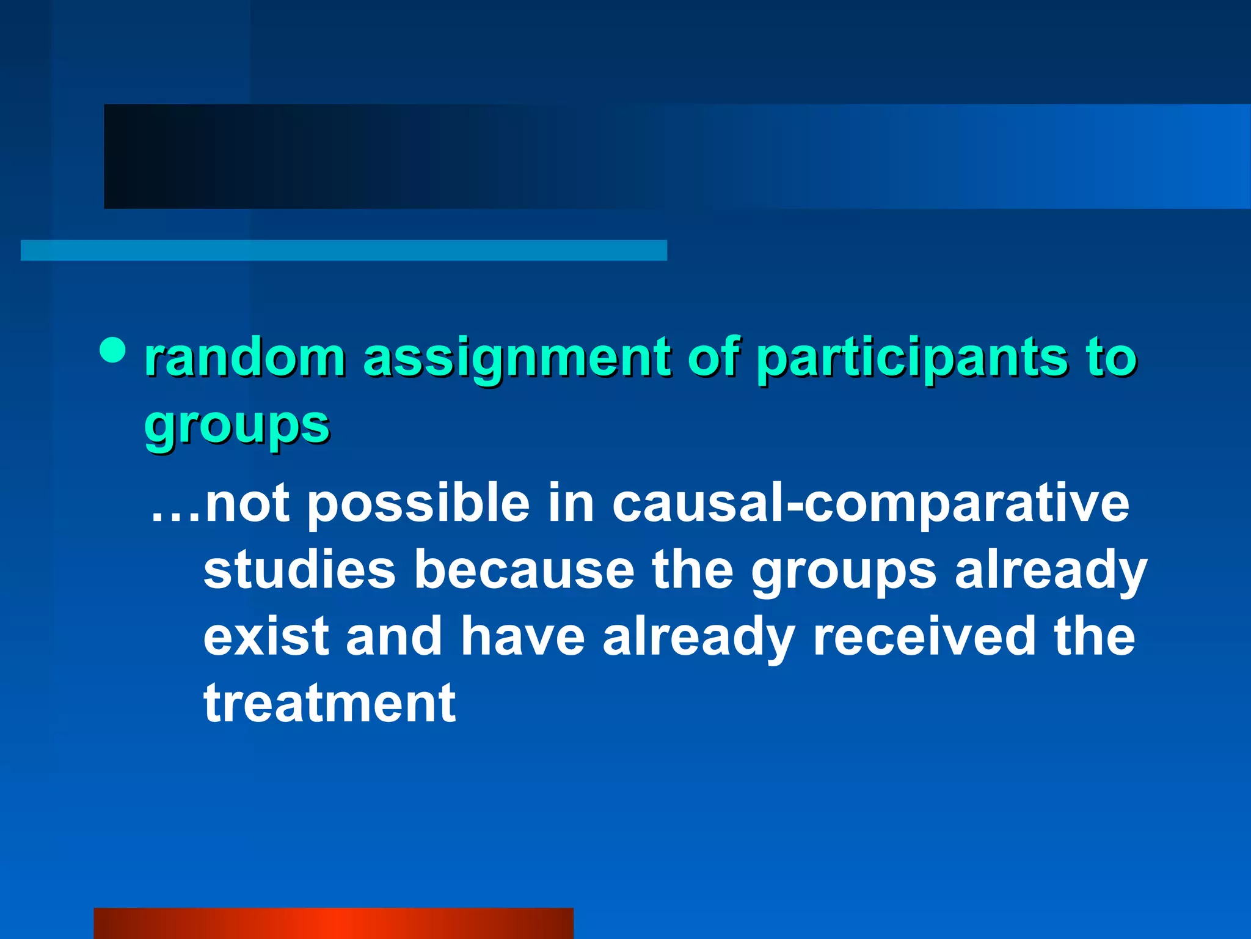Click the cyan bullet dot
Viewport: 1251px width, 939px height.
[112, 350]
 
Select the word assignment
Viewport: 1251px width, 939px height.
[517, 358]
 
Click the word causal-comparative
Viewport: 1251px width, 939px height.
[870, 504]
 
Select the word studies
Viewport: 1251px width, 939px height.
[299, 570]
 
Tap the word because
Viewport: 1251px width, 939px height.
[523, 570]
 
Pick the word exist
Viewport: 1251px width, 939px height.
[265, 636]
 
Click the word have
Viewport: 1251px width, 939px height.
[522, 636]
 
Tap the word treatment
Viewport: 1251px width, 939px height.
[330, 703]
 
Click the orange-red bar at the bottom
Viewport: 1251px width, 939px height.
[333, 923]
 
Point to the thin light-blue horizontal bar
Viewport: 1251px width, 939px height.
[343, 250]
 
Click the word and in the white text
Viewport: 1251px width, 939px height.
[394, 636]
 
